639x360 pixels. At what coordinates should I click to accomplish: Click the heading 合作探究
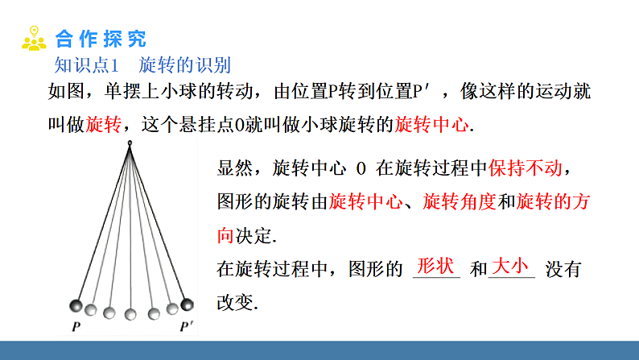[x=101, y=39]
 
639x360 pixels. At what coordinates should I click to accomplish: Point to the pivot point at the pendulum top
[x=130, y=144]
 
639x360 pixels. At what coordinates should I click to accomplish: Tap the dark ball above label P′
[x=187, y=304]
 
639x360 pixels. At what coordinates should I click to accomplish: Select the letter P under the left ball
[x=75, y=327]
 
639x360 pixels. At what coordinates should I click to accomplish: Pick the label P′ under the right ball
[x=186, y=327]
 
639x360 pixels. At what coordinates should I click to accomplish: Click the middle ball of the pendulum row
[x=130, y=312]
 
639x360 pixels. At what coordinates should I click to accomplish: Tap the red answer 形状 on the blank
[x=436, y=266]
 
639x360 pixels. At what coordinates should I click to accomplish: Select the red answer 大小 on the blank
[x=510, y=266]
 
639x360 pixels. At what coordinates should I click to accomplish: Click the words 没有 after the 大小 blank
[x=563, y=270]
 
